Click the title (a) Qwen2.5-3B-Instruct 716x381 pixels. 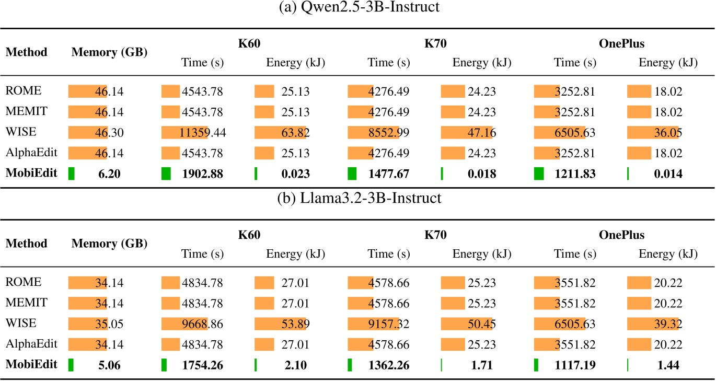(x=357, y=9)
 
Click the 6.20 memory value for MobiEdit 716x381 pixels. (x=109, y=175)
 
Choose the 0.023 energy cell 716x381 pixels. (x=295, y=175)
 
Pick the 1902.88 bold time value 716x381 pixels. (x=202, y=175)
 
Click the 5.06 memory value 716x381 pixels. (x=109, y=365)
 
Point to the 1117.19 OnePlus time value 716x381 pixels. (x=574, y=365)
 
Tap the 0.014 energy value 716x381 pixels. (x=668, y=175)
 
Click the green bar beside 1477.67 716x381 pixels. (x=352, y=174)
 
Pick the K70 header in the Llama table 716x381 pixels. (x=435, y=235)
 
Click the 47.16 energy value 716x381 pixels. (x=481, y=133)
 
